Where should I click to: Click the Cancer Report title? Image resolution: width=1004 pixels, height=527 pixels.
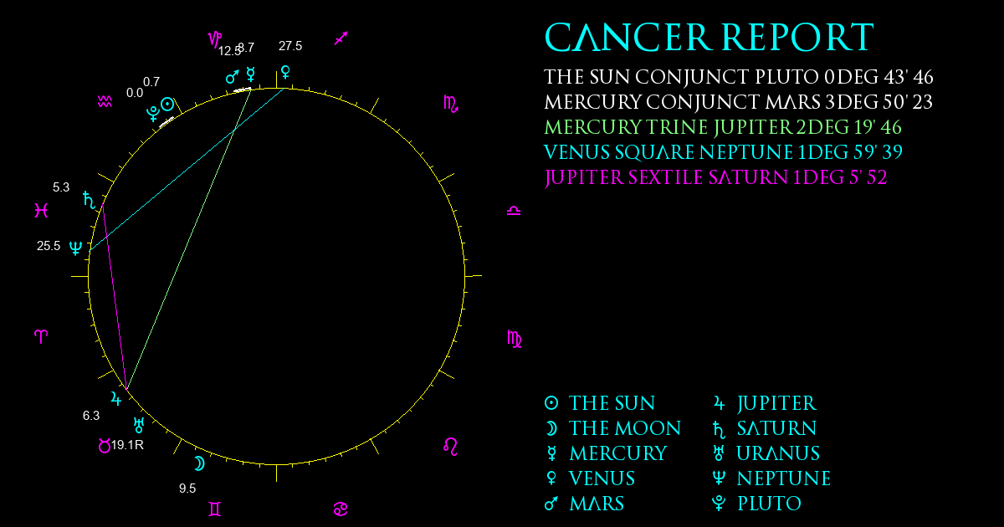click(709, 37)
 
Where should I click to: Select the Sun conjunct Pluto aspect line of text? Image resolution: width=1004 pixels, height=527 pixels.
click(739, 77)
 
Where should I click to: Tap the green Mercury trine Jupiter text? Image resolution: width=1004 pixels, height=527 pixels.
click(723, 127)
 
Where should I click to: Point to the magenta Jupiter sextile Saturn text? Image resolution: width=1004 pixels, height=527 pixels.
click(715, 177)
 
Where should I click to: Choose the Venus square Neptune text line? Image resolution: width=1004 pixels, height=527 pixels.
click(723, 152)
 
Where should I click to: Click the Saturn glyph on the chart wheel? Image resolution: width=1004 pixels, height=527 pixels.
click(90, 200)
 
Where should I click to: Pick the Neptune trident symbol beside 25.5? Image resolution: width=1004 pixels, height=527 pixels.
click(76, 248)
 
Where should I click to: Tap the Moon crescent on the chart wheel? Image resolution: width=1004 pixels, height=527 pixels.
click(199, 463)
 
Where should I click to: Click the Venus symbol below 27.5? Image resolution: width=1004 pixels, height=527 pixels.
click(285, 72)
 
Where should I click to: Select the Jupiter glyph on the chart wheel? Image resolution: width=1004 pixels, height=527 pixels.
click(115, 398)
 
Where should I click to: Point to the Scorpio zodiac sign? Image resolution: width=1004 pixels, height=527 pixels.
click(450, 104)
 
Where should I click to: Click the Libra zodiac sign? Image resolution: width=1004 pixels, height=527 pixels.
click(514, 211)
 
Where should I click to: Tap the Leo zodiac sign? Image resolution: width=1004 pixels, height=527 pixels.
click(450, 447)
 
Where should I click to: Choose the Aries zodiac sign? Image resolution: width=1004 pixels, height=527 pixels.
click(41, 336)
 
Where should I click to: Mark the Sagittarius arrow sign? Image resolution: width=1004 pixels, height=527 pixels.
click(341, 38)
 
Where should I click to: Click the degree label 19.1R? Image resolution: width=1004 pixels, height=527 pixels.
click(127, 445)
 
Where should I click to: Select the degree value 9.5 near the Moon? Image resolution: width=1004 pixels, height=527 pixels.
click(187, 489)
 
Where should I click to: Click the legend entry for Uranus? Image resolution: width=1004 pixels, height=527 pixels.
click(766, 453)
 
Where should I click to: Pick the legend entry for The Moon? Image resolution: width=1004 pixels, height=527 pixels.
click(612, 428)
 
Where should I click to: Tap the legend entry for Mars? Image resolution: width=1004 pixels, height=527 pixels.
click(584, 504)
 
